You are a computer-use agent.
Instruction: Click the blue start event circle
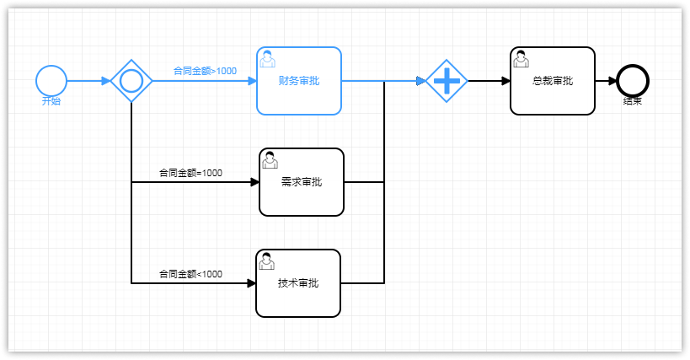coord(51,81)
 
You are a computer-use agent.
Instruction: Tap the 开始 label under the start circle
coord(51,101)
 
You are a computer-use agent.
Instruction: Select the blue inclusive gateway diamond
coord(131,81)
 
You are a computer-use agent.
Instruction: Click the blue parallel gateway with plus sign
coord(447,81)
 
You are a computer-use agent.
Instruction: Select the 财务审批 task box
coord(299,81)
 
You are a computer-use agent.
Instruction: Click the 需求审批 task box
coord(302,182)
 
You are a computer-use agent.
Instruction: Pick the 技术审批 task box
coord(298,283)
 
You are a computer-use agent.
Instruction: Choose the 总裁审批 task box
coord(553,81)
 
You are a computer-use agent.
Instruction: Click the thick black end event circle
coord(633,81)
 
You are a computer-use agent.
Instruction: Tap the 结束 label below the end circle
coord(633,101)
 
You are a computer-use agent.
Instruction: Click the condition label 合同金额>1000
coord(205,71)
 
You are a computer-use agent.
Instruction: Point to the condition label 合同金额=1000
coord(191,173)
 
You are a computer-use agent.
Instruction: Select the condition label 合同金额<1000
coord(191,274)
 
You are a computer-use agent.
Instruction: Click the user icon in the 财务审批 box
coord(268,59)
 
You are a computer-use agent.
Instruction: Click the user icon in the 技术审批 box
coord(267,261)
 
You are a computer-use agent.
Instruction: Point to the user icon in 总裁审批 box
coord(522,59)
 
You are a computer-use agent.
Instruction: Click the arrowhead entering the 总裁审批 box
coord(505,81)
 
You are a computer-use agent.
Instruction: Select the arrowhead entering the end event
coord(612,81)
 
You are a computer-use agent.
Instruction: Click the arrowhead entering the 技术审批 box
coord(251,283)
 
